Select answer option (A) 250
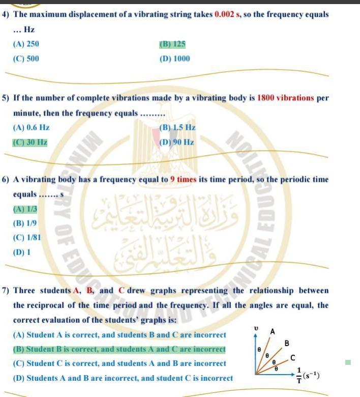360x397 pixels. tap(26, 44)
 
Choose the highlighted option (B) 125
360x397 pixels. tap(172, 44)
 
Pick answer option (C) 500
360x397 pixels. tap(26, 59)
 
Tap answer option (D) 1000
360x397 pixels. tap(174, 59)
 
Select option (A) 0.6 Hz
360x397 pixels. tap(31, 127)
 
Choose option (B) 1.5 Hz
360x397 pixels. tap(177, 127)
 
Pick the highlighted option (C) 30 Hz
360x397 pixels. tap(30, 142)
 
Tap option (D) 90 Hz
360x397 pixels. tap(176, 142)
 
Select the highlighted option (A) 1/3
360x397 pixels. tap(25, 208)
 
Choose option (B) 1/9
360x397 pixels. tap(25, 223)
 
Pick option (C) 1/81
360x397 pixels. tap(27, 237)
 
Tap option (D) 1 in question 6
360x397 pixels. tap(22, 251)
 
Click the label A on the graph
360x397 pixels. tap(273, 332)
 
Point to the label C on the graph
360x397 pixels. tap(293, 358)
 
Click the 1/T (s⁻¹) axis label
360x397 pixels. tap(309, 376)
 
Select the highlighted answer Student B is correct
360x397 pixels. tap(119, 349)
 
